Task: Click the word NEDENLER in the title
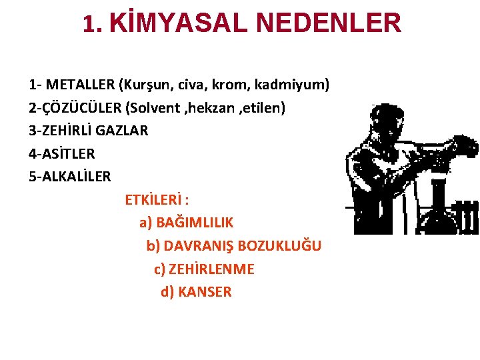[328, 23]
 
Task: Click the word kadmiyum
[292, 85]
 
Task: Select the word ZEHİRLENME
[211, 269]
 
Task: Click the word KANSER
[205, 292]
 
